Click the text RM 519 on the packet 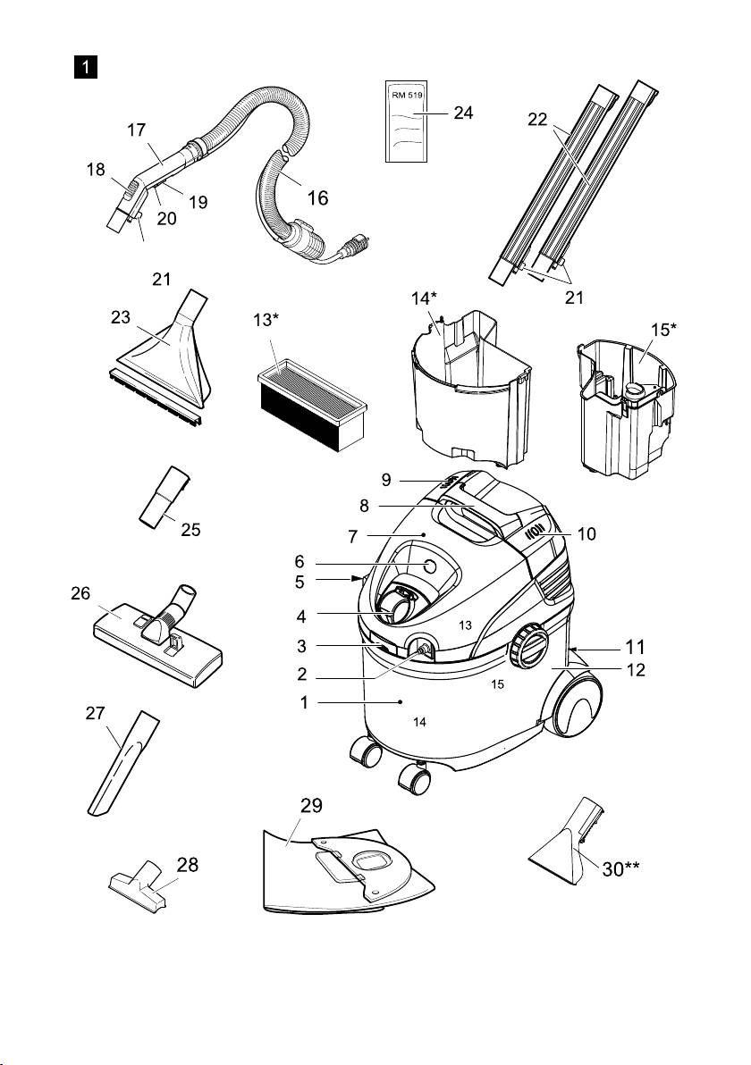click(408, 92)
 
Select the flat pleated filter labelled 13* click(311, 401)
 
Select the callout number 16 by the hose click(317, 198)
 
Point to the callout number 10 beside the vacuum click(586, 534)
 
